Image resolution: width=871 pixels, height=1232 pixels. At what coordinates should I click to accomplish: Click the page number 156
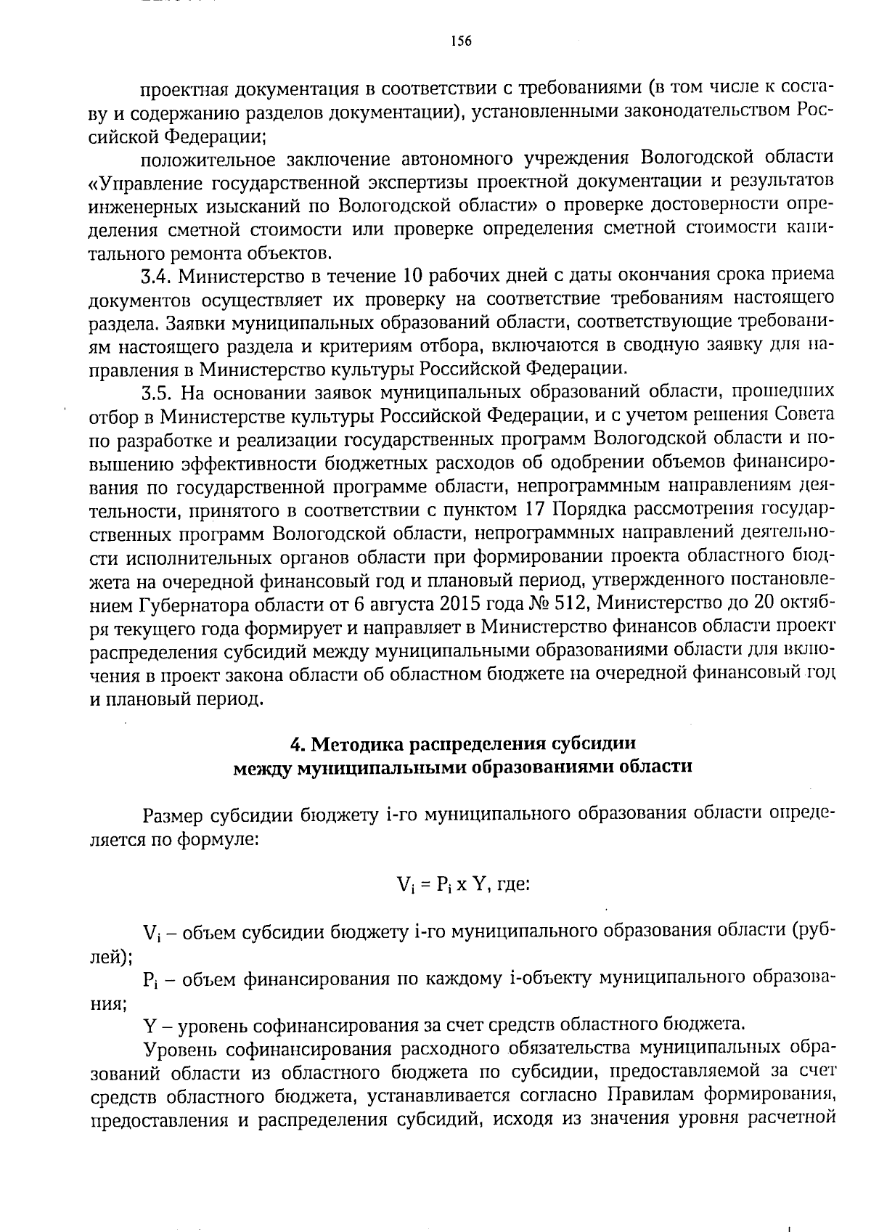[461, 41]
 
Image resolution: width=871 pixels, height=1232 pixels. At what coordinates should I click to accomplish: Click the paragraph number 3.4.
[157, 277]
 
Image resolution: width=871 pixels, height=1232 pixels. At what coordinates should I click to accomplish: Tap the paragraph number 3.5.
[157, 393]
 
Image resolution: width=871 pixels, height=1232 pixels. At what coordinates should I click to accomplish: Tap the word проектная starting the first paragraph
[177, 89]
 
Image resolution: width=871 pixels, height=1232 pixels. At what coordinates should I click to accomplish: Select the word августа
[406, 605]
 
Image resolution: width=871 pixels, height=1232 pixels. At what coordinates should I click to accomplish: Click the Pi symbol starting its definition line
[151, 980]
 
